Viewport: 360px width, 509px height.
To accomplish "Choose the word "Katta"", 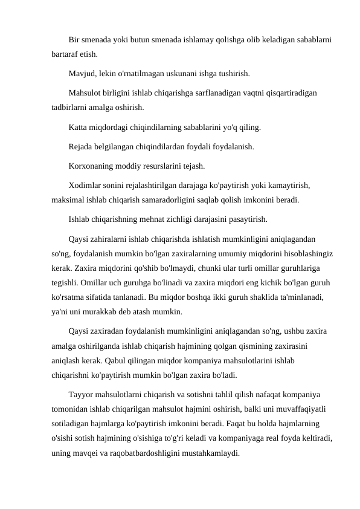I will tap(79, 128).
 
